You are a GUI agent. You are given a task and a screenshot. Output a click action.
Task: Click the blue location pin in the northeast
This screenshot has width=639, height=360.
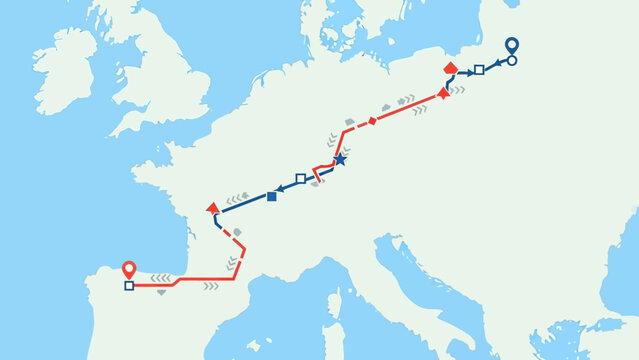(x=511, y=45)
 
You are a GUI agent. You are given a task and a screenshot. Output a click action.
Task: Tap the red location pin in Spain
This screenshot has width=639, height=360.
(x=128, y=269)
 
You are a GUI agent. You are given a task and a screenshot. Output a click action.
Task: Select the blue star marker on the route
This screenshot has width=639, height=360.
(x=339, y=159)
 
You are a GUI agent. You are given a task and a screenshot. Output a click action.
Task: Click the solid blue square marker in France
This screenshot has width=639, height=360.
(x=272, y=196)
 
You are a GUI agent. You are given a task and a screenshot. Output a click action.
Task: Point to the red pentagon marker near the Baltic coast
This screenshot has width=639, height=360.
(x=450, y=68)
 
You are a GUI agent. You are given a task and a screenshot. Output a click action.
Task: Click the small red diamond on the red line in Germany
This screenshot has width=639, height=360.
(x=372, y=121)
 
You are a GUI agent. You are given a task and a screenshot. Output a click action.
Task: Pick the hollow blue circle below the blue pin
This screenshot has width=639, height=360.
(x=512, y=60)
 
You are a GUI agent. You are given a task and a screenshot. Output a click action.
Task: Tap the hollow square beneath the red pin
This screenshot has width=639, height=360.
(x=129, y=286)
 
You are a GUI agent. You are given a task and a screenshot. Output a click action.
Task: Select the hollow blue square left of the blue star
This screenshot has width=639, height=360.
(x=300, y=178)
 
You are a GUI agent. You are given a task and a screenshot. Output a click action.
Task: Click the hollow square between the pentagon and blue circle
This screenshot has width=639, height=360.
(x=479, y=69)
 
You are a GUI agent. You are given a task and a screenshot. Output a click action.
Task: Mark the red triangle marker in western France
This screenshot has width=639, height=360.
(x=211, y=207)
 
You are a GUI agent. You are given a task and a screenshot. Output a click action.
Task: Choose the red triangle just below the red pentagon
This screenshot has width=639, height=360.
(x=443, y=93)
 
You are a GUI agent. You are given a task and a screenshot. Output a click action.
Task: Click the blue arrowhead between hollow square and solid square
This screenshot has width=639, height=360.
(x=285, y=189)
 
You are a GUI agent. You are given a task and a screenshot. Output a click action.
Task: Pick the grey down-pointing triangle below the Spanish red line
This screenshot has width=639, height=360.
(x=161, y=292)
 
